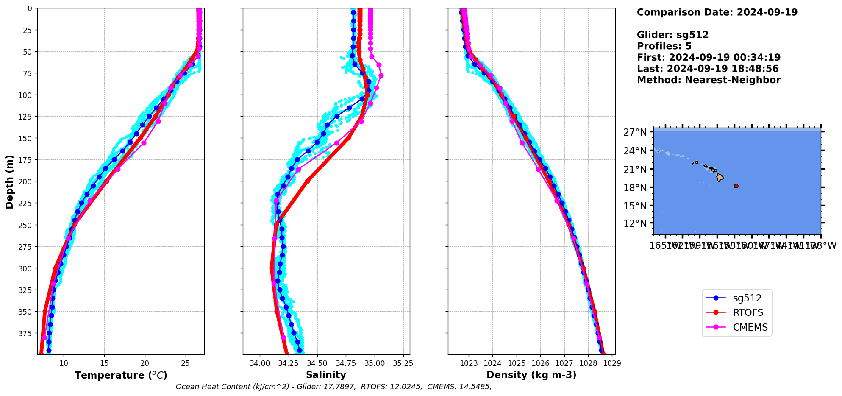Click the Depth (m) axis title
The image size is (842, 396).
coord(9,181)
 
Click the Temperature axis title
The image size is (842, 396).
coord(121,375)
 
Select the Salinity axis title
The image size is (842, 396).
coord(326,375)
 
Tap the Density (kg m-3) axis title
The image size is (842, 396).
coord(531,375)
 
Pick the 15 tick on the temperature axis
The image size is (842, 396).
coord(104,363)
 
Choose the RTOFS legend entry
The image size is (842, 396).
coord(748,312)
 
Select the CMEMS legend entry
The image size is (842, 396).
coord(750,327)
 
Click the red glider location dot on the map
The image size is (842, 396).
coord(736,186)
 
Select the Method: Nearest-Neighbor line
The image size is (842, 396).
coord(709,80)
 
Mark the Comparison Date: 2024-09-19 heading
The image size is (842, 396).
coord(717,12)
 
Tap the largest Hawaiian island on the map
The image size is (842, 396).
coord(720,177)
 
